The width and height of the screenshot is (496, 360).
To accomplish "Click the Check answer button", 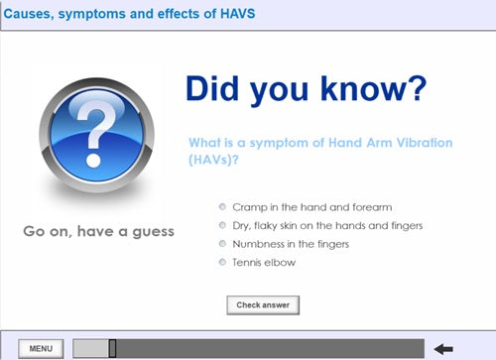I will [x=263, y=304].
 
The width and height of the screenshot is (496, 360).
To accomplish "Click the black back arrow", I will [x=443, y=348].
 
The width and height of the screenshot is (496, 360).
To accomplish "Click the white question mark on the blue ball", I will [x=95, y=132].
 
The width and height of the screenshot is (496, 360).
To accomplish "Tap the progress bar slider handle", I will [x=112, y=347].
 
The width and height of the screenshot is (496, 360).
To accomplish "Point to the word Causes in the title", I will [x=32, y=16].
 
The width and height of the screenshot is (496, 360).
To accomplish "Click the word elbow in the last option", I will [x=280, y=262].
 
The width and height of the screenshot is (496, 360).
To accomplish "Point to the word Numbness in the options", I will [x=256, y=244].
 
